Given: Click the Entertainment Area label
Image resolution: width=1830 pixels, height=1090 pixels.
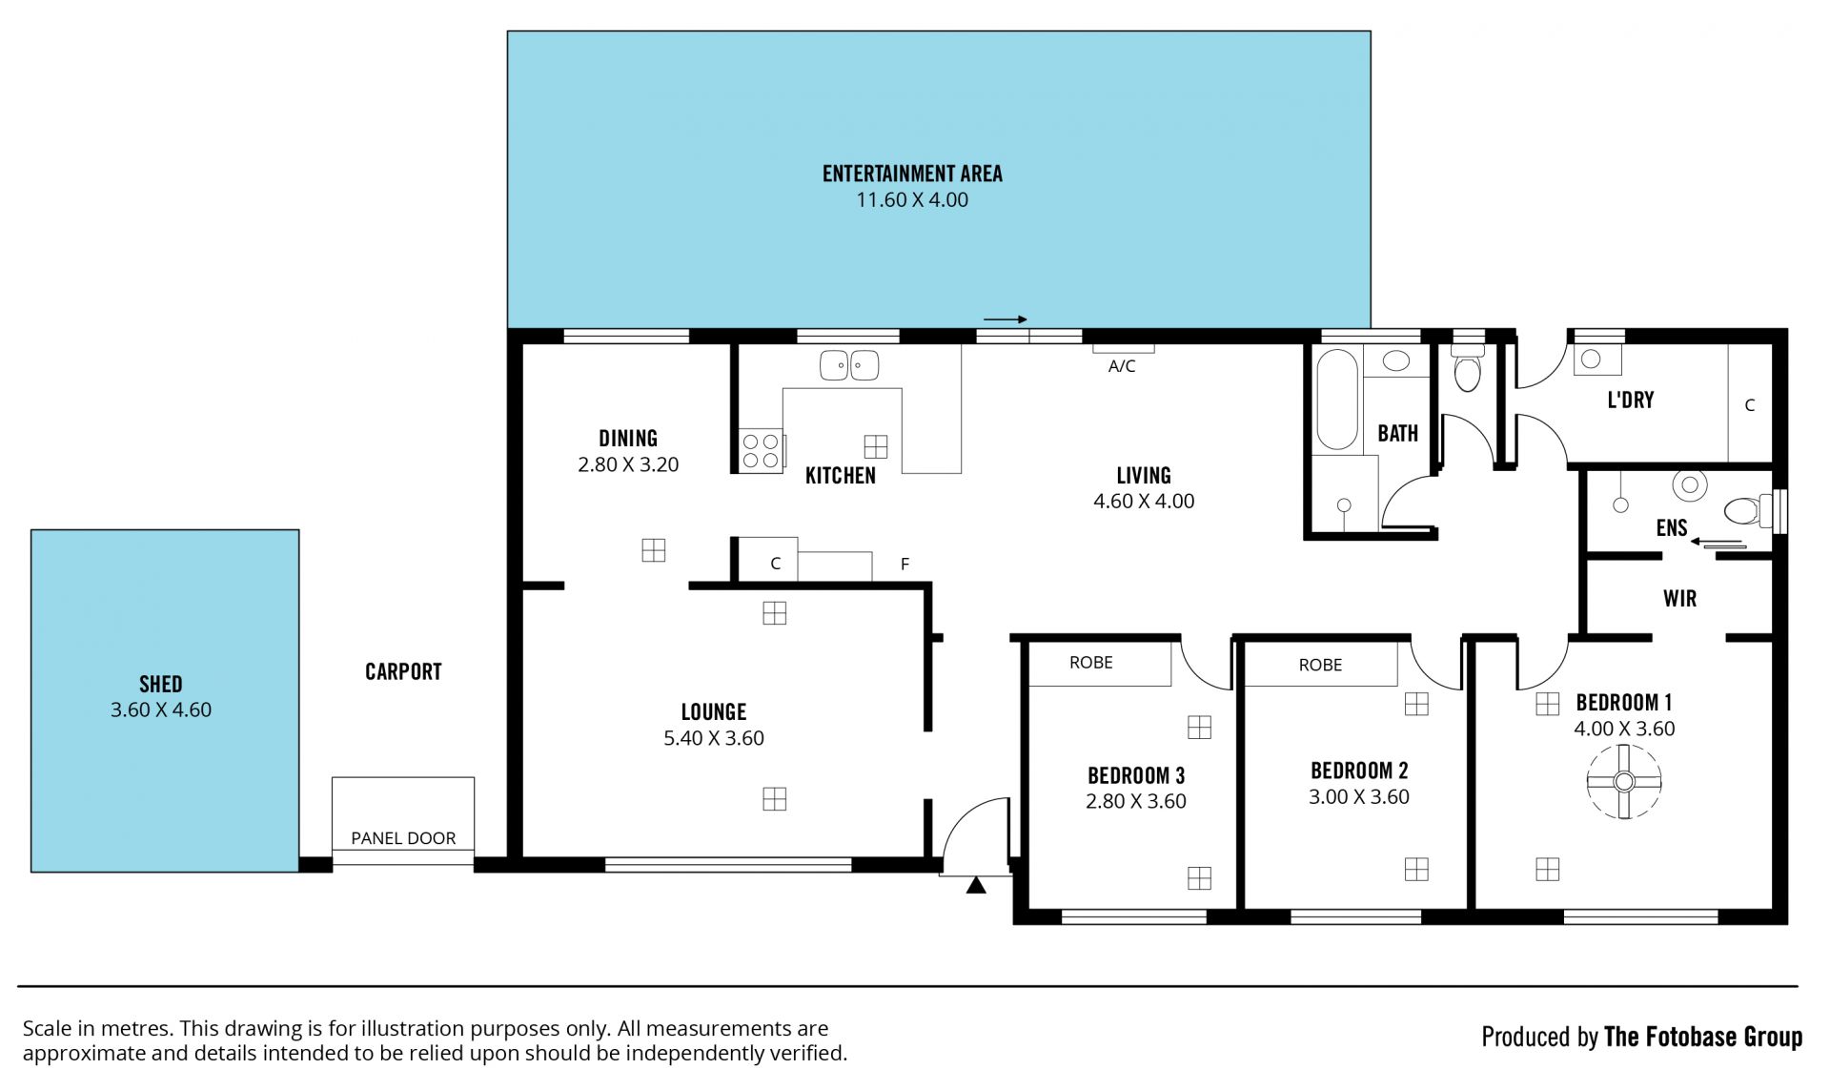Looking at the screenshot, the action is coord(912,174).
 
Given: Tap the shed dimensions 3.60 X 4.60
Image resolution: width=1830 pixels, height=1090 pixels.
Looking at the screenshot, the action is coord(161,710).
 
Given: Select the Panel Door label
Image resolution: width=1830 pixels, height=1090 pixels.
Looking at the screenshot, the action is coord(403,838).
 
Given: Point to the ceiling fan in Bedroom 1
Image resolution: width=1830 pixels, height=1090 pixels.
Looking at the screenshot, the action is coord(1624,782).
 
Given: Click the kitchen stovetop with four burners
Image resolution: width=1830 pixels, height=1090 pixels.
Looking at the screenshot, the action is coord(761,451).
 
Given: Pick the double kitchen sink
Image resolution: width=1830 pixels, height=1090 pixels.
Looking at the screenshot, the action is coord(849,365).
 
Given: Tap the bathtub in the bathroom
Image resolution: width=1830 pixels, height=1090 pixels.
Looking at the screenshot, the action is coord(1336,400).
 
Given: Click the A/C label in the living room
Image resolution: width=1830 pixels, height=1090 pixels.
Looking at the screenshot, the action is coord(1122,366).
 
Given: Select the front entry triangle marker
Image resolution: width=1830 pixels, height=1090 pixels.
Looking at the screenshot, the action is coord(975,886).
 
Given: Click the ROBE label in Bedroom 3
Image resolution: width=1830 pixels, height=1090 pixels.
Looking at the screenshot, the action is coord(1091,663).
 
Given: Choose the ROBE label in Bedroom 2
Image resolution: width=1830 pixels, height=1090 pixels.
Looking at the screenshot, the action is coord(1320,666).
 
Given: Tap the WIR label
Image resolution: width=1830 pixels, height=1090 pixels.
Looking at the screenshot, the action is coord(1679,599).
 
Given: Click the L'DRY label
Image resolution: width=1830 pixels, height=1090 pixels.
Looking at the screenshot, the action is coord(1630,400).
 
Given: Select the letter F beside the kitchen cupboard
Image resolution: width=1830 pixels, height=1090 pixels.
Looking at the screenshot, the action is coord(905,565).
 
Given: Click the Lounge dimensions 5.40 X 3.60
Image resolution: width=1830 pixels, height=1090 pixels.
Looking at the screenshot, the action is coord(714,738).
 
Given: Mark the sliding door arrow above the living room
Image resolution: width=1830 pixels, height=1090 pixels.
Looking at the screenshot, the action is coord(1005,319).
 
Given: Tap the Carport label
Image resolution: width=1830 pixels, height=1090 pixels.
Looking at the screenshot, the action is coord(403,672).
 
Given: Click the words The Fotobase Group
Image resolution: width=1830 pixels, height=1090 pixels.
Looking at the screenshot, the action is coord(1703,1037).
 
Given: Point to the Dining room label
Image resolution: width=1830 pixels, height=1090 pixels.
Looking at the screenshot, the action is coord(628,439).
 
